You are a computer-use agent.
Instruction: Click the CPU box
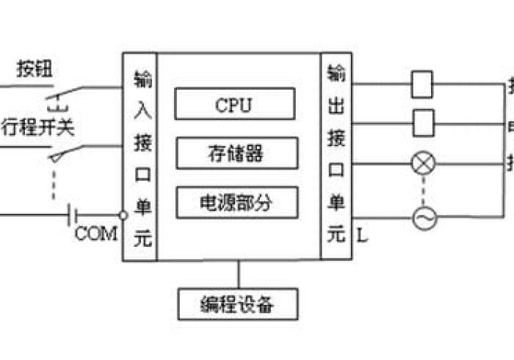tap(234, 104)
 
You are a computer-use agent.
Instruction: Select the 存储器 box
tap(236, 153)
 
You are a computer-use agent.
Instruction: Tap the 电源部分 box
tap(236, 202)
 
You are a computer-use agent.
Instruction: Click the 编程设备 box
tap(238, 303)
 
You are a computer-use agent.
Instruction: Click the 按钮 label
tap(32, 72)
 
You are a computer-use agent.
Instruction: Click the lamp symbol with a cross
tap(422, 162)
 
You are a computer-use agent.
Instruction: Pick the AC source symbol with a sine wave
tap(423, 217)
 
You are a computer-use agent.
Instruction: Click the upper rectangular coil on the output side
tap(422, 84)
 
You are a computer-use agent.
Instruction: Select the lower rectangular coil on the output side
tap(422, 122)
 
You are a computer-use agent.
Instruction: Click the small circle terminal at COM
tap(123, 215)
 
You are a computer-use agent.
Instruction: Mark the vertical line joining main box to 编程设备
tap(238, 274)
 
